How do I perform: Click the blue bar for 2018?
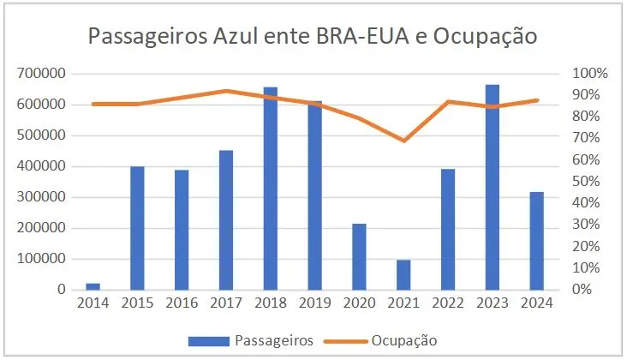point(270,189)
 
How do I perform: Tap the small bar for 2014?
point(93,286)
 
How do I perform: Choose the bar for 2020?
point(359,256)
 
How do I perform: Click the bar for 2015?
point(137,228)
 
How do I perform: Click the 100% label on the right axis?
point(592,74)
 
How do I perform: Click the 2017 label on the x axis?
point(225,303)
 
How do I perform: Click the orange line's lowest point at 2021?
point(403,140)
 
